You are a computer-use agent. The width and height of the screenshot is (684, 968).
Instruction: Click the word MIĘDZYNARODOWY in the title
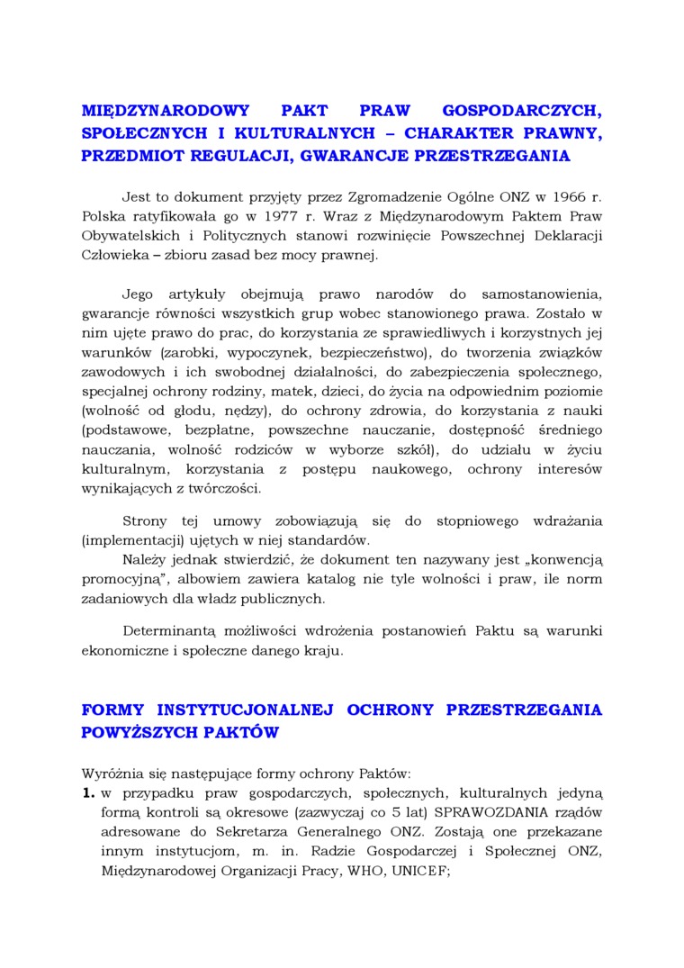pos(152,112)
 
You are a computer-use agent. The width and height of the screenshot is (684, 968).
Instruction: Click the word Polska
pos(104,217)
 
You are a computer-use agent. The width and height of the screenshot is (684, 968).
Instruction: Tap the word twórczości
pos(221,488)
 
